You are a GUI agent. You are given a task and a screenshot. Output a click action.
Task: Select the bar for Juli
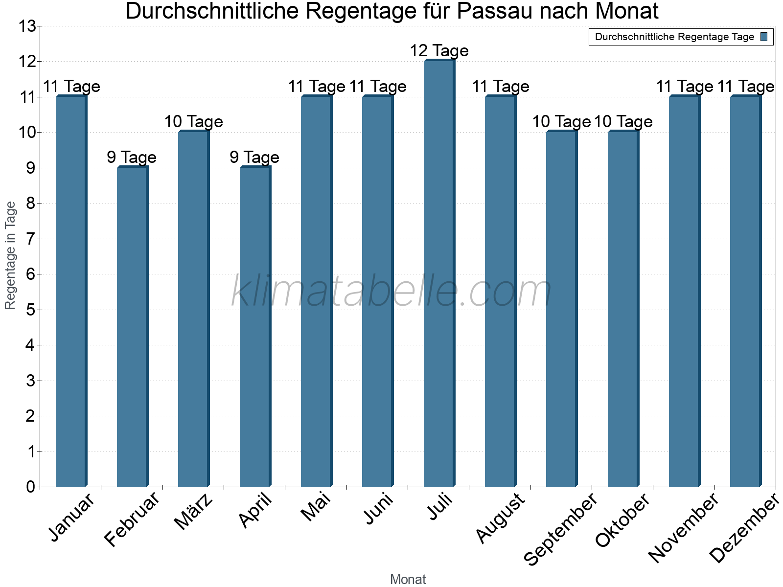(439, 274)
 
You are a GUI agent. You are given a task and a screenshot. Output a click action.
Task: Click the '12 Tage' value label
(439, 51)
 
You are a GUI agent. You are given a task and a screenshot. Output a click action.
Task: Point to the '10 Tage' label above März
(193, 122)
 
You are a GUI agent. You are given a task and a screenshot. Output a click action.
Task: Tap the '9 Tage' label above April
(254, 158)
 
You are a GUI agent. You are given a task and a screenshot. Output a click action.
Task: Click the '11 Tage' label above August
(500, 87)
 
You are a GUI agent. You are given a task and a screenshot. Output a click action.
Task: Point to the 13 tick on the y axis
(27, 26)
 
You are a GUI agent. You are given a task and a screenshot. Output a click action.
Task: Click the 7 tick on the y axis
(31, 239)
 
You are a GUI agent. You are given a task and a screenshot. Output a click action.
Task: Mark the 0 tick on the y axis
(31, 487)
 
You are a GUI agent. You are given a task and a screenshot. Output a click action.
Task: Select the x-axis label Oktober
(622, 521)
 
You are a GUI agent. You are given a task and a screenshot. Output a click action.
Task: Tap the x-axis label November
(683, 528)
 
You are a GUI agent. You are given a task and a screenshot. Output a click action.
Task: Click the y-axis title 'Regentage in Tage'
(10, 255)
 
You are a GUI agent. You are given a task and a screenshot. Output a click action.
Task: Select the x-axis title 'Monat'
(408, 579)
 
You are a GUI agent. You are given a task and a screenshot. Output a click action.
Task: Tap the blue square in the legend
(764, 37)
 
